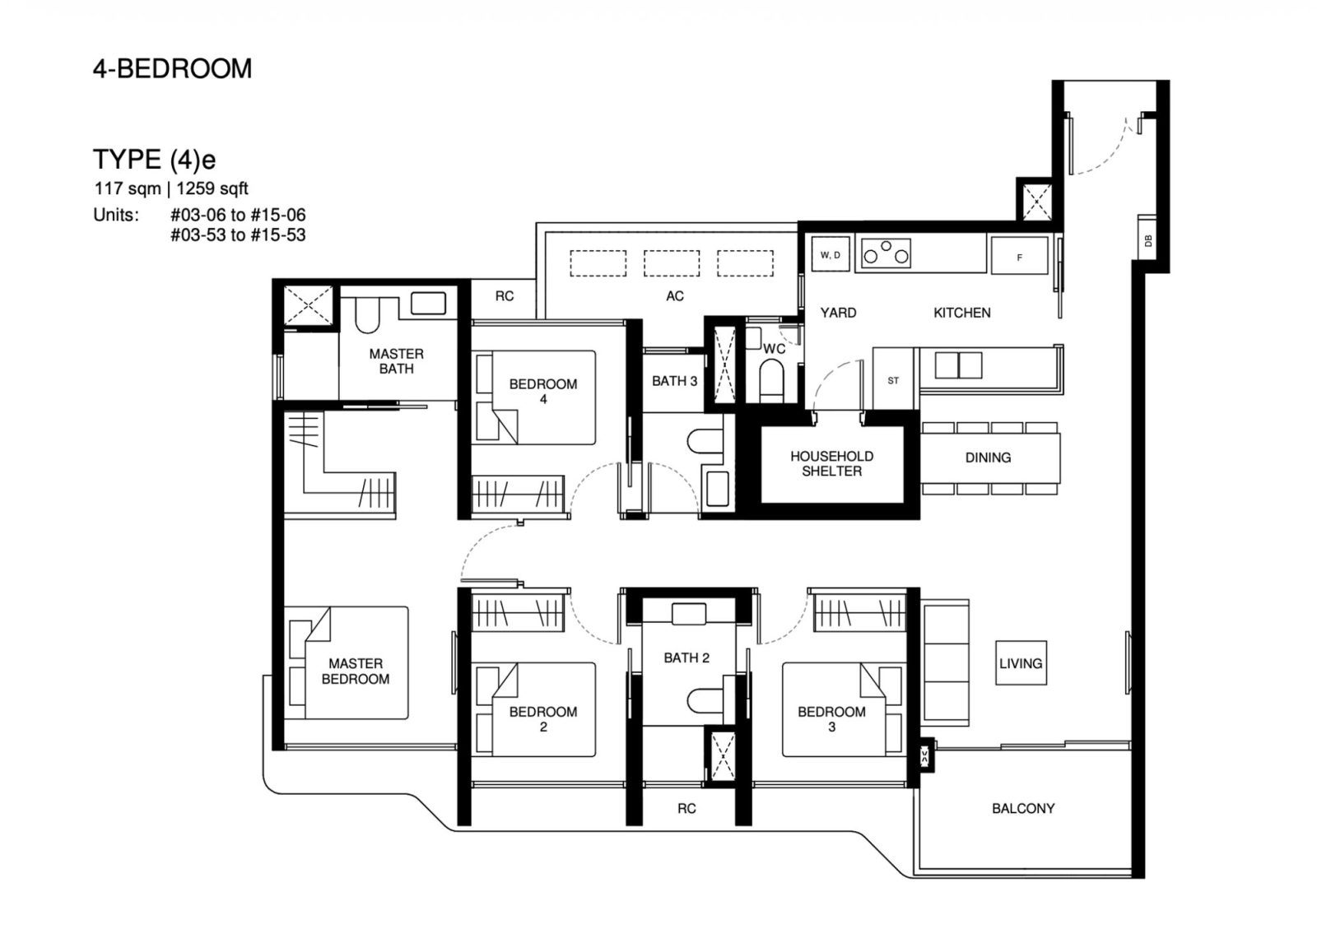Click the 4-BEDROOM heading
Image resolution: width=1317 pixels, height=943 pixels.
click(172, 68)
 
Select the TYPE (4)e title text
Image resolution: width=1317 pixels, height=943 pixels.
click(154, 158)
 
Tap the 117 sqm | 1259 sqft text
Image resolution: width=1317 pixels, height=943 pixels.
click(171, 188)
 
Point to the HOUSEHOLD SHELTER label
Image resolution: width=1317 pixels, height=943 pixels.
click(831, 463)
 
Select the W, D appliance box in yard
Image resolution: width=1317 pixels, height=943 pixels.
click(830, 255)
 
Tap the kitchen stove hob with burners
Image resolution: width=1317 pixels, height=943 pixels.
click(886, 253)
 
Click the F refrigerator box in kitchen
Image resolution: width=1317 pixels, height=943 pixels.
click(1019, 256)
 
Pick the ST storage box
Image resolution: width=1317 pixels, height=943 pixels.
click(893, 380)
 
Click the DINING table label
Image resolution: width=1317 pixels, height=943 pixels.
click(988, 458)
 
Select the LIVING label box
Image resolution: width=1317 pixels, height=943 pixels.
click(1021, 663)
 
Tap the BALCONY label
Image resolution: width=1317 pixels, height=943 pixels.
click(1022, 808)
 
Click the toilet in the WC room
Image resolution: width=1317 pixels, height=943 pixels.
click(772, 383)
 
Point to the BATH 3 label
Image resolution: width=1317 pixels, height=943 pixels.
click(674, 381)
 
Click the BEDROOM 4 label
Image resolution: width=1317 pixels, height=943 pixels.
click(542, 391)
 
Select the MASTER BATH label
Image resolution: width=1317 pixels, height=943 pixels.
click(396, 361)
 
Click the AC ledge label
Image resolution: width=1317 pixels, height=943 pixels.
click(675, 296)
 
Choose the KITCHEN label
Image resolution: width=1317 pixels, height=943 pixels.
click(961, 313)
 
